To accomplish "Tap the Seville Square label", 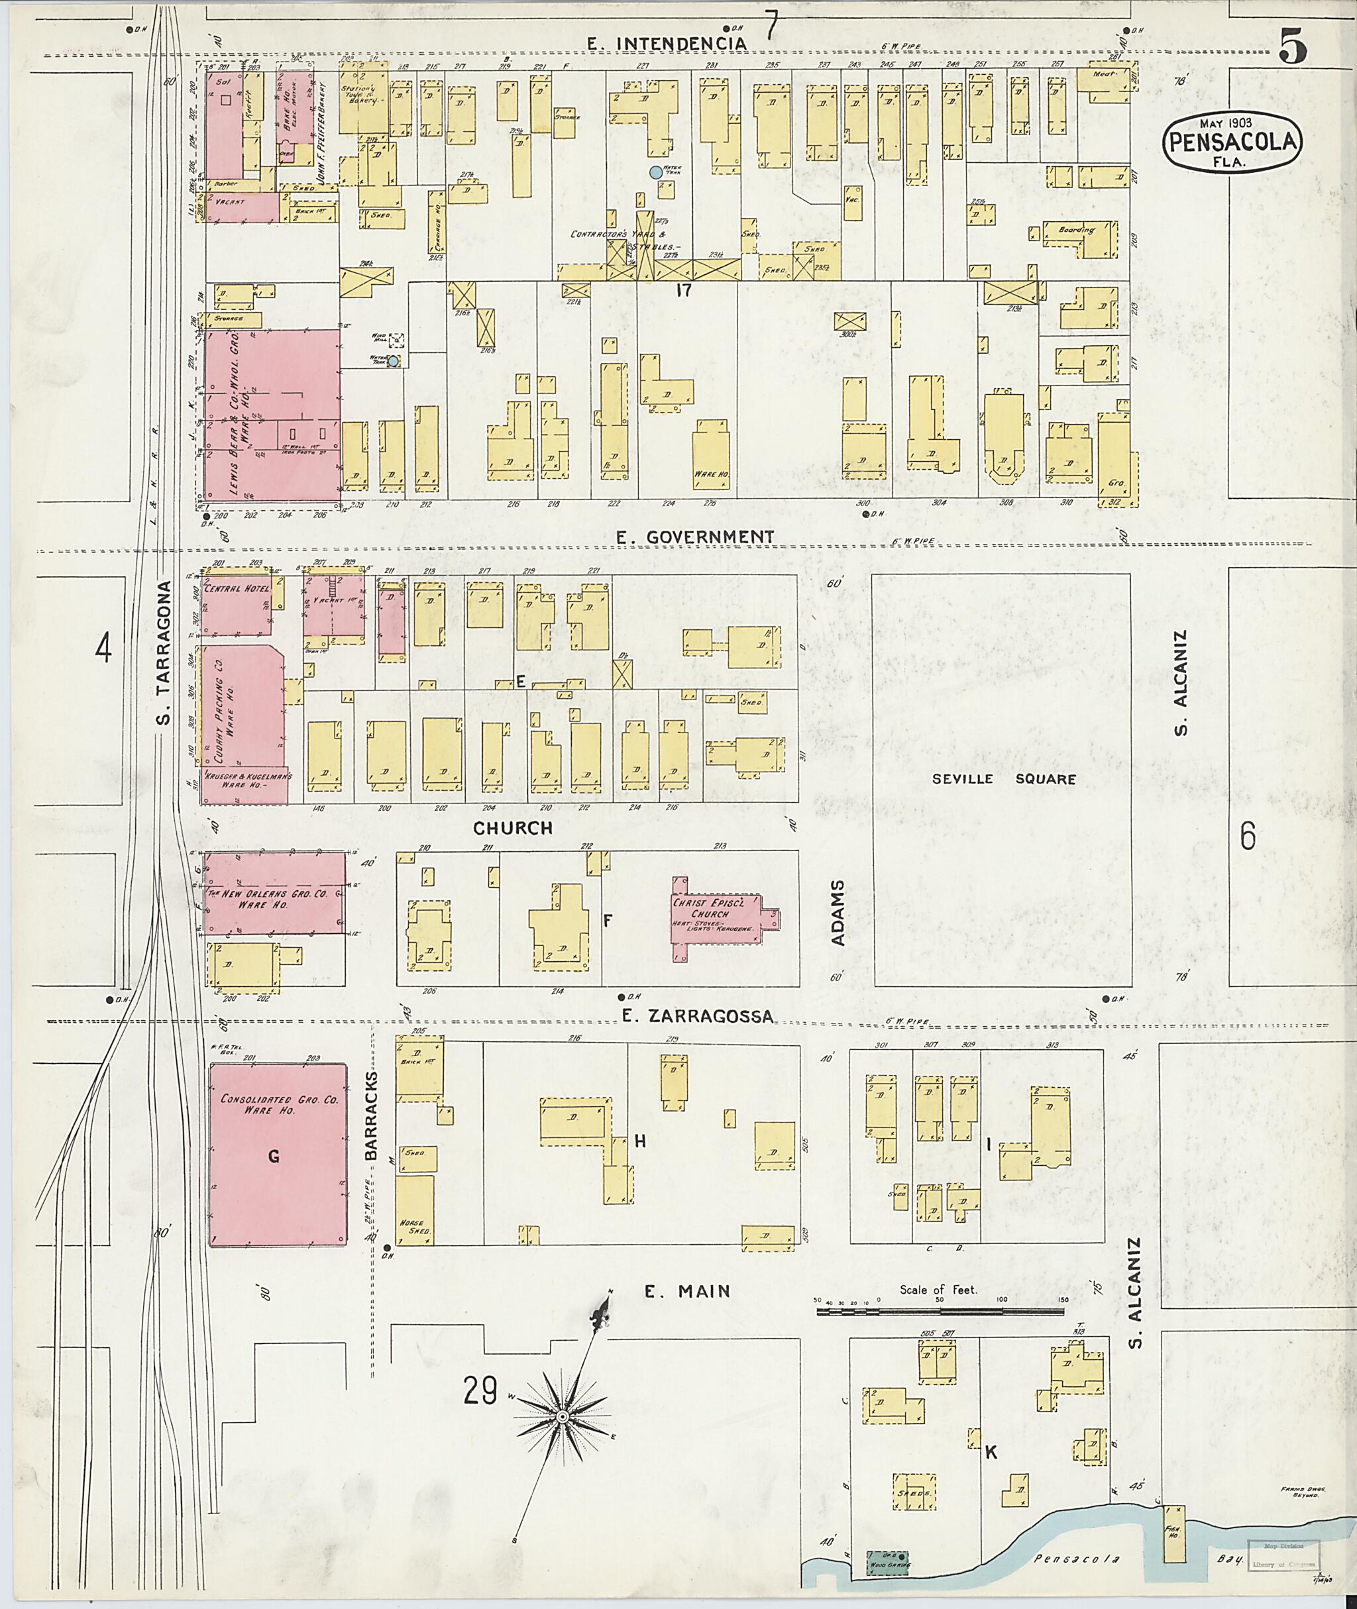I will pos(1003,779).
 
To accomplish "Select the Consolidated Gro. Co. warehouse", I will pos(277,1154).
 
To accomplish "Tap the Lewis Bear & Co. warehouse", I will pos(271,415).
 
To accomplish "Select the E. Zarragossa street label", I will pos(697,1017).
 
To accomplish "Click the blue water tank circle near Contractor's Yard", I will pos(655,173).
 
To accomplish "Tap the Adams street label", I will pos(838,913).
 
